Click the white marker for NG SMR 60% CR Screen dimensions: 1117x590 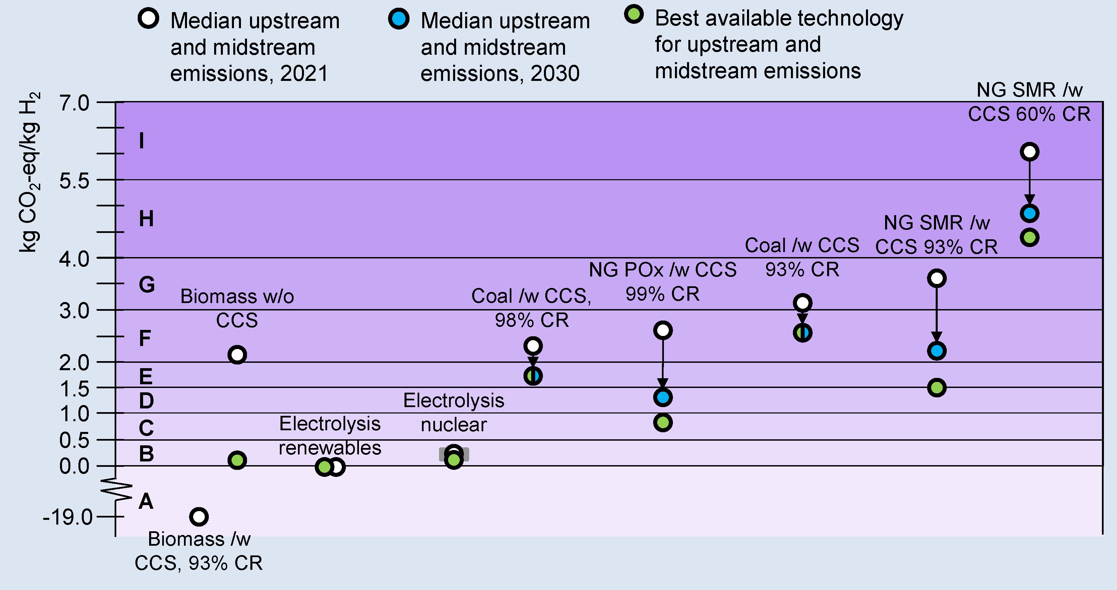click(1030, 152)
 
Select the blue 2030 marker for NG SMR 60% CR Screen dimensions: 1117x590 click(1030, 213)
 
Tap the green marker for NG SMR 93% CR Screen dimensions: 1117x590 click(937, 388)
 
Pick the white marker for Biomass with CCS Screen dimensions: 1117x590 click(199, 517)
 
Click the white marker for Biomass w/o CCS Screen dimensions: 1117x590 click(237, 355)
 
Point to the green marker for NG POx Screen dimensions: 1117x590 click(663, 423)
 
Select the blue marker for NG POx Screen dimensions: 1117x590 click(663, 397)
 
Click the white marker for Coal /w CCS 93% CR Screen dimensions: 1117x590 click(802, 303)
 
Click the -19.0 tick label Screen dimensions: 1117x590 click(68, 517)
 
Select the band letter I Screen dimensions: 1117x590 click(141, 141)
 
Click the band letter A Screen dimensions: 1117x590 click(146, 501)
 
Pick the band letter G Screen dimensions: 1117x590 click(147, 285)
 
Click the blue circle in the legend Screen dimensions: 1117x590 click(398, 19)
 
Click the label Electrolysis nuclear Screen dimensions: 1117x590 click(453, 412)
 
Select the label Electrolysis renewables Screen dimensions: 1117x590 click(330, 435)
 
